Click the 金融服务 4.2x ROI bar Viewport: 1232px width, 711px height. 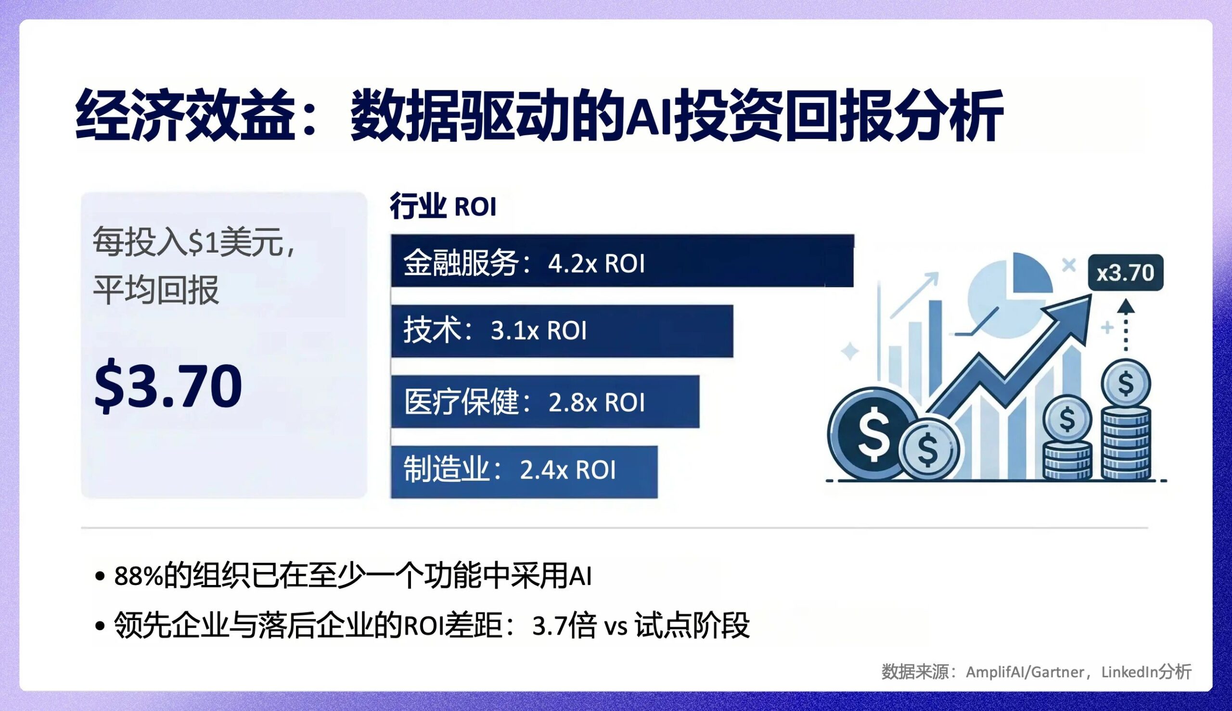622,261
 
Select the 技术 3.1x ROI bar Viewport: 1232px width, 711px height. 562,331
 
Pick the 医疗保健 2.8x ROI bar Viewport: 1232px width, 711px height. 545,402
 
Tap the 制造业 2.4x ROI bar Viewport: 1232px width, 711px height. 524,471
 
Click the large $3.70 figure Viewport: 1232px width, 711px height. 168,385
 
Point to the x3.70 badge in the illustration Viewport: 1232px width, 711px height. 1125,272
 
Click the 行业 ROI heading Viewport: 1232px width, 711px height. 443,207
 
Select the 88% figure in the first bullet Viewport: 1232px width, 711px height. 139,576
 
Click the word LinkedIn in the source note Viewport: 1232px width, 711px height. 1129,673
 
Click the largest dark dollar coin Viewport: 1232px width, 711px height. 869,433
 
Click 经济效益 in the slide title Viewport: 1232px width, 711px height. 185,116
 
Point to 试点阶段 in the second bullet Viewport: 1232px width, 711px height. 692,625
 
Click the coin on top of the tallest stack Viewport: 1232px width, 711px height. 1126,384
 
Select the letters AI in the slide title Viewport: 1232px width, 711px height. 648,116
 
